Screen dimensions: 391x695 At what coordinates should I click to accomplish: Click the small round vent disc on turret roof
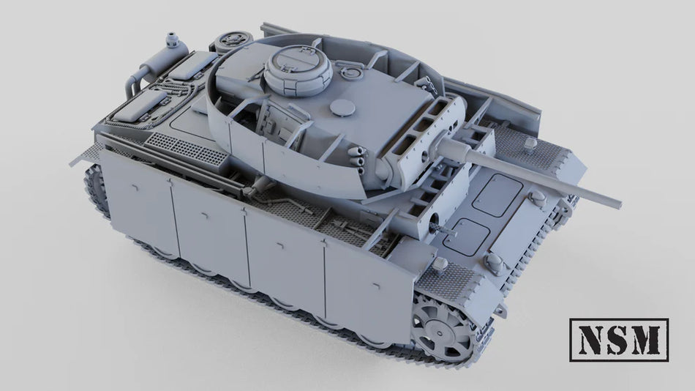[340, 108]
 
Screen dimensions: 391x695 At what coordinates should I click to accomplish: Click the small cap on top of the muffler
[173, 37]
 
